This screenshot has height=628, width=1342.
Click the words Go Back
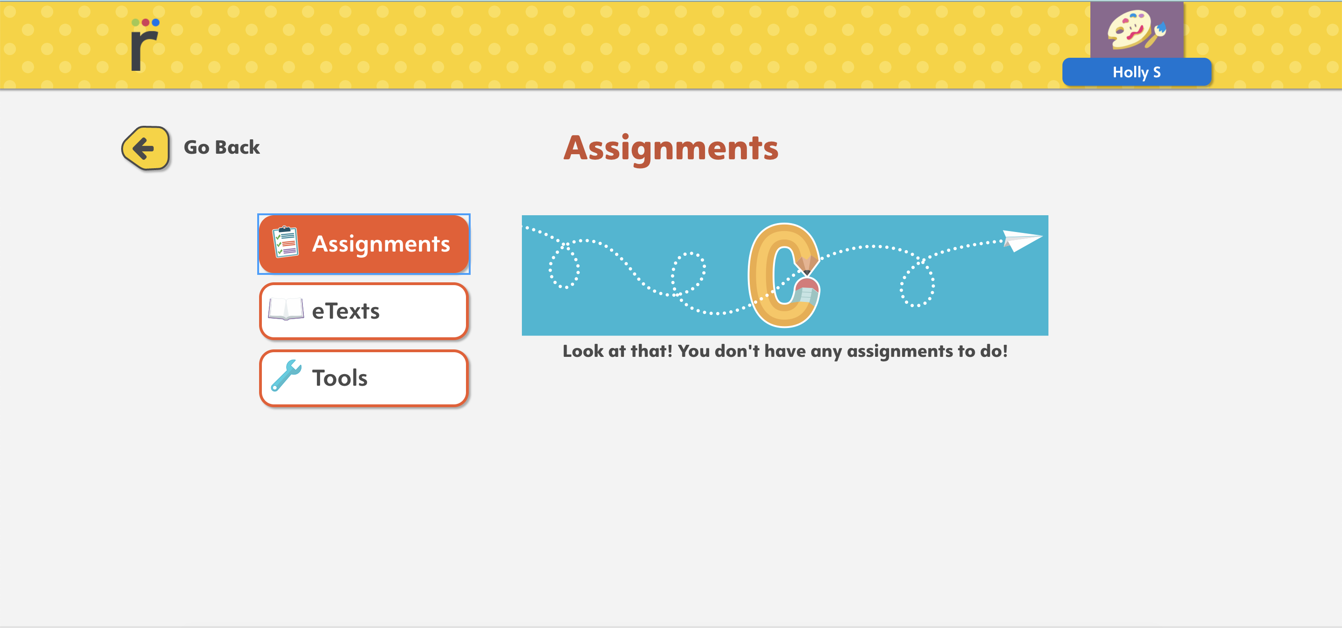pos(222,147)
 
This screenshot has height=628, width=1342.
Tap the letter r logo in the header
pos(144,45)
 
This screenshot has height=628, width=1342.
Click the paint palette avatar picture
pos(1137,30)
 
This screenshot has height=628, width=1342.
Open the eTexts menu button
pos(364,311)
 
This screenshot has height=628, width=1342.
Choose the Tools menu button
pos(364,378)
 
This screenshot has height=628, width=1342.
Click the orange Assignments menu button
pos(364,244)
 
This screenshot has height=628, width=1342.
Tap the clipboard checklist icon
pos(286,242)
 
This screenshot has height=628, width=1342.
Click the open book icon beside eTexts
pos(286,309)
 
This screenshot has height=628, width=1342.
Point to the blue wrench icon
pos(286,375)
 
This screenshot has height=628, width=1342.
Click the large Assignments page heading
pos(671,149)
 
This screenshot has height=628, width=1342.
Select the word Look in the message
pos(583,351)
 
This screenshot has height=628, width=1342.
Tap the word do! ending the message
pos(994,351)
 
